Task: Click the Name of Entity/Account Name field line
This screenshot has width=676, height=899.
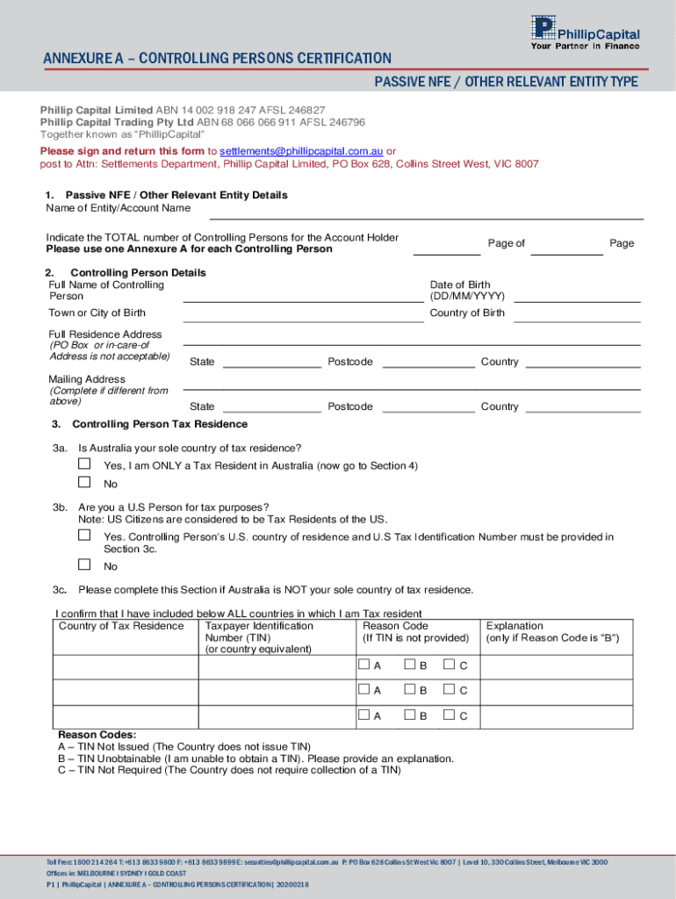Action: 426,213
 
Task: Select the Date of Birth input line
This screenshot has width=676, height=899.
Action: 576,297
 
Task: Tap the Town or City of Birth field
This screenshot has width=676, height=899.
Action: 303,317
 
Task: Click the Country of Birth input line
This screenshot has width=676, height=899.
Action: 576,317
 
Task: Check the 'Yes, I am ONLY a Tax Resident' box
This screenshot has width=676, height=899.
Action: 84,463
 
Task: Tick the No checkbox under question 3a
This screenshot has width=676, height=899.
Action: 84,482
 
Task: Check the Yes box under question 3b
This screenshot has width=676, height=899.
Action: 84,535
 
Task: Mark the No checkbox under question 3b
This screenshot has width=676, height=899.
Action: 84,565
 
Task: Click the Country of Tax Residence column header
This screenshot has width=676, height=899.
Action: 121,626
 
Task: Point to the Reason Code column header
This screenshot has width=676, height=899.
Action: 395,626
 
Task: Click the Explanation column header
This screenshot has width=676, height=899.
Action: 514,626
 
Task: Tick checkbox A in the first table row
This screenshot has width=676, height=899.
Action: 364,665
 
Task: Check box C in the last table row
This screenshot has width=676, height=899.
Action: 449,716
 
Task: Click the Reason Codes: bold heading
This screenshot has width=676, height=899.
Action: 97,735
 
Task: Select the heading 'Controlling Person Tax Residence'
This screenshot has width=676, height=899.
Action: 160,424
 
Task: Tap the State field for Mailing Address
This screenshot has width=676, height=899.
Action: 271,408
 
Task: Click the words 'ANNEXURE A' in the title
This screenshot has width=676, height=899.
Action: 83,59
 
